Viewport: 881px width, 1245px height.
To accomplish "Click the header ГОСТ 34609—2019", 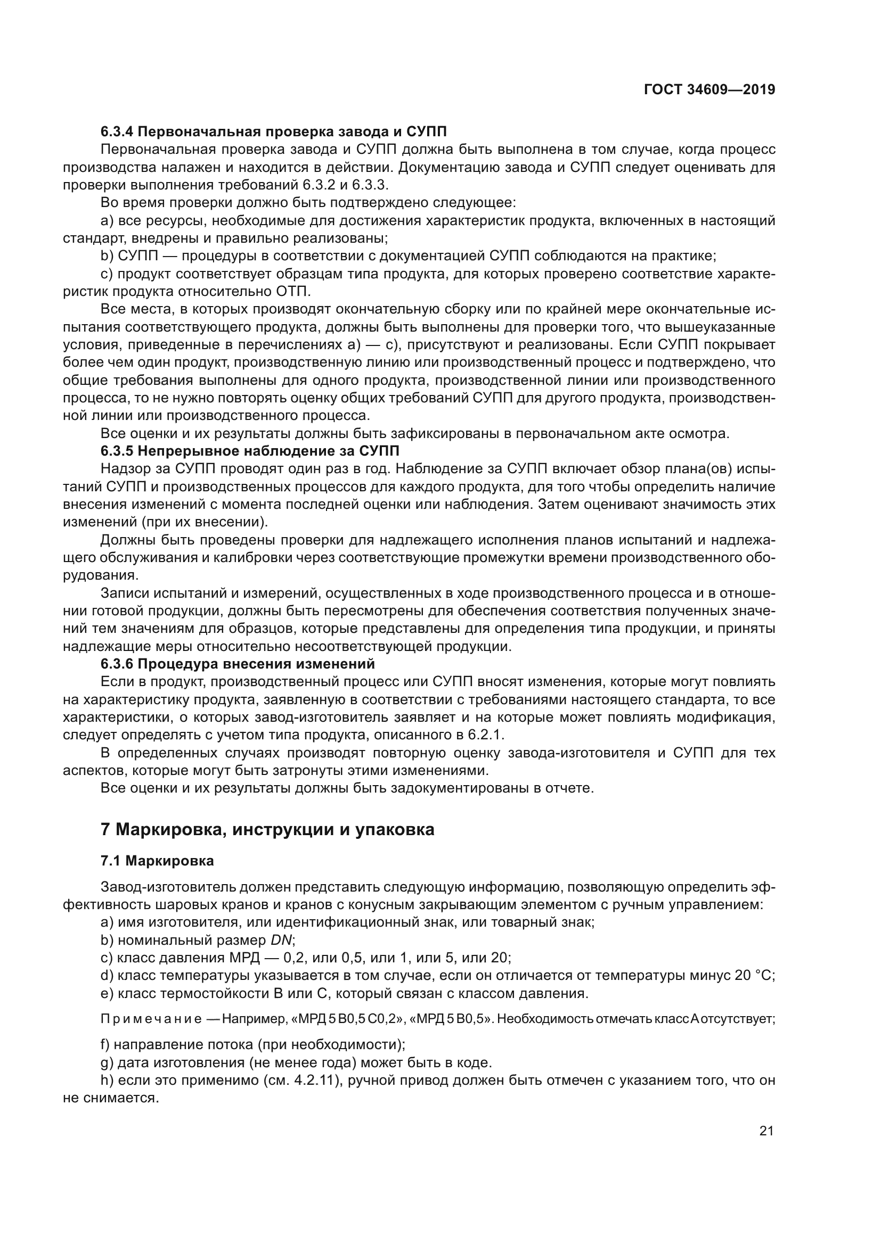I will tap(709, 89).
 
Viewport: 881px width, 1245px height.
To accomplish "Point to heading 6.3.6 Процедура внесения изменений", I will tap(238, 664).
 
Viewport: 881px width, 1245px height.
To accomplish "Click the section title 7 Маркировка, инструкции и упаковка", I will tap(267, 830).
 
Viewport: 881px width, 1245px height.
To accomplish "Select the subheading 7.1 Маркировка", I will tap(157, 861).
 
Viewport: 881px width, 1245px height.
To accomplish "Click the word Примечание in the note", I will tap(151, 1019).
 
